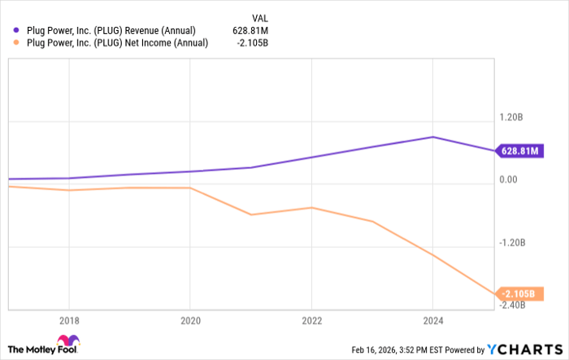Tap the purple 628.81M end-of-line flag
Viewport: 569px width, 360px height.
click(520, 151)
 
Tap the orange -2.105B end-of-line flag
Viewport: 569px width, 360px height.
click(519, 293)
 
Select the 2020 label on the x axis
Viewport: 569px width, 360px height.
click(189, 320)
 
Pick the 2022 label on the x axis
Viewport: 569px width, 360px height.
click(311, 320)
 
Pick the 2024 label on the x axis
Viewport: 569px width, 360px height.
click(432, 320)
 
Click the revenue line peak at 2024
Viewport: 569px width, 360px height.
click(432, 137)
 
